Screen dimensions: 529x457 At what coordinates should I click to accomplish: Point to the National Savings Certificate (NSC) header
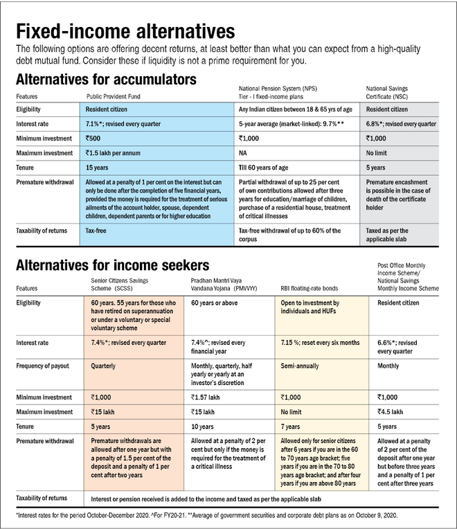(397, 92)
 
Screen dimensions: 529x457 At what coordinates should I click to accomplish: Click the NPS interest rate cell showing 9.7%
(296, 123)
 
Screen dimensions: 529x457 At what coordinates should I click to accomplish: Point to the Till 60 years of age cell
(264, 167)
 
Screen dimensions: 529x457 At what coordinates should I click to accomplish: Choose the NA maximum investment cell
(243, 152)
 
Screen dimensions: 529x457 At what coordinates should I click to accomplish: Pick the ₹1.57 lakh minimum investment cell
(208, 397)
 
